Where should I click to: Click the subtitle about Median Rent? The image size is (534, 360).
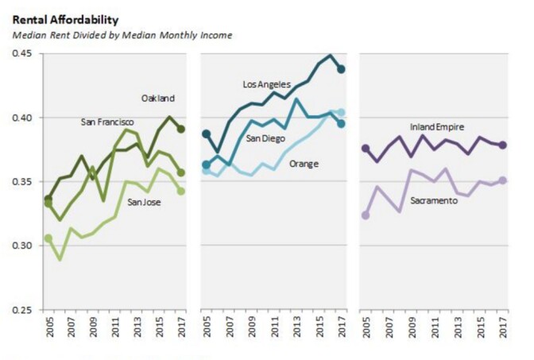click(121, 36)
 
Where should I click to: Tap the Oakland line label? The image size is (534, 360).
click(158, 99)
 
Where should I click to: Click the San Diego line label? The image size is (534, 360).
click(265, 138)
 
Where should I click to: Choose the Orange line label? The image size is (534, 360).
click(304, 164)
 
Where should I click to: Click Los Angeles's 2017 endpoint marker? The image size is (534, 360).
click(341, 69)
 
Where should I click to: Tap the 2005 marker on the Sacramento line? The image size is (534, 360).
click(366, 215)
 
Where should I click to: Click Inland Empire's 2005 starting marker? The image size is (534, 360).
click(366, 149)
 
